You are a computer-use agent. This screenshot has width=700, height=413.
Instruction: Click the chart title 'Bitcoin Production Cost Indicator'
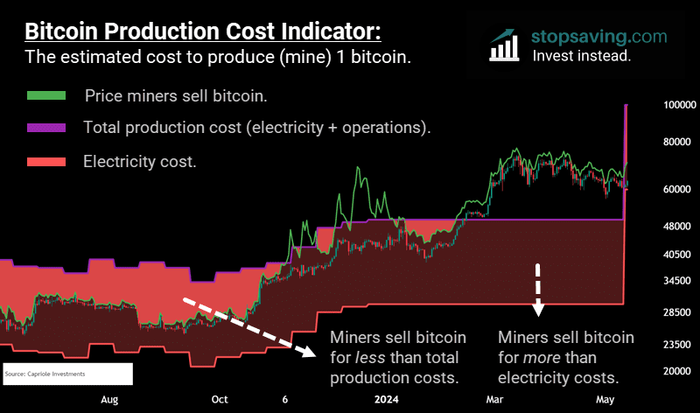(202, 32)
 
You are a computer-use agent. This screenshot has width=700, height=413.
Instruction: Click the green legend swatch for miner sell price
(46, 94)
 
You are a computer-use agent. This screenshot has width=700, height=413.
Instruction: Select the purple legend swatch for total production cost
(46, 128)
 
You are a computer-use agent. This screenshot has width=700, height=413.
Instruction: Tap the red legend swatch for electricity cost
(46, 161)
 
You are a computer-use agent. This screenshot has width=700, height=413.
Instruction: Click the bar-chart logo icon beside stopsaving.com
(506, 45)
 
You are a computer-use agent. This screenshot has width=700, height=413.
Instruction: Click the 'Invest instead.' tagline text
(582, 56)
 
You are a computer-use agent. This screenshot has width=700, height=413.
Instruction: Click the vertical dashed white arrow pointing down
(538, 289)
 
